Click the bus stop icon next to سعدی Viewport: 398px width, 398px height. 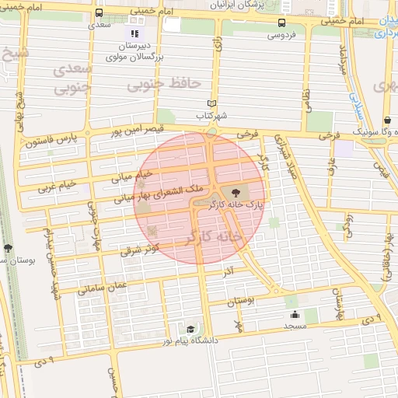99,13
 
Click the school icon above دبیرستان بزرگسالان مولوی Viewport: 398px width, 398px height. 134,33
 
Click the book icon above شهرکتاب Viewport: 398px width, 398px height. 211,103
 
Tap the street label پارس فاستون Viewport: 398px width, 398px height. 51,141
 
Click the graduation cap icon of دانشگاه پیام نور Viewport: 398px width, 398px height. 191,329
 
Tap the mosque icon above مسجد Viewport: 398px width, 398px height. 295,315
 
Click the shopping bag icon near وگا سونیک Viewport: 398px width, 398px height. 387,120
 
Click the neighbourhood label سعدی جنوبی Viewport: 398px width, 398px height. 72,79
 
